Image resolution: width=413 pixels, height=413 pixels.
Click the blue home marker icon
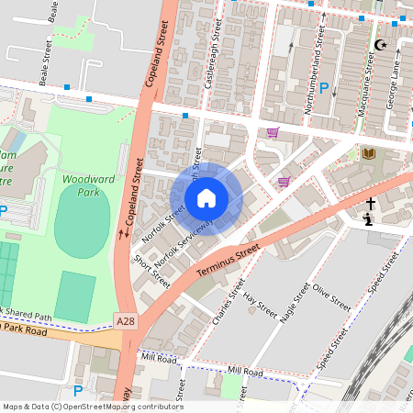click(206, 198)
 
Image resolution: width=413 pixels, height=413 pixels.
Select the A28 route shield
click(128, 319)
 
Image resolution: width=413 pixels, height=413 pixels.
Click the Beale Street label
click(43, 62)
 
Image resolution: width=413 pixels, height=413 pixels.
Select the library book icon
click(369, 153)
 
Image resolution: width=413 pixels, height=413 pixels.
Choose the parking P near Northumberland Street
click(324, 89)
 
